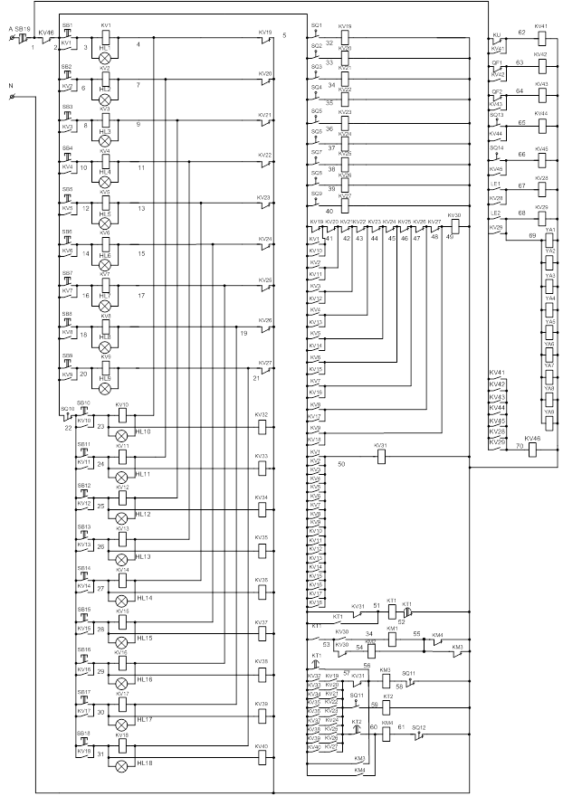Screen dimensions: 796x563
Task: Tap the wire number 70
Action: [x=520, y=447]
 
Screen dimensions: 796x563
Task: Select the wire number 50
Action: [x=341, y=464]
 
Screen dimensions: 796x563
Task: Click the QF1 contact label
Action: [x=496, y=63]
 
